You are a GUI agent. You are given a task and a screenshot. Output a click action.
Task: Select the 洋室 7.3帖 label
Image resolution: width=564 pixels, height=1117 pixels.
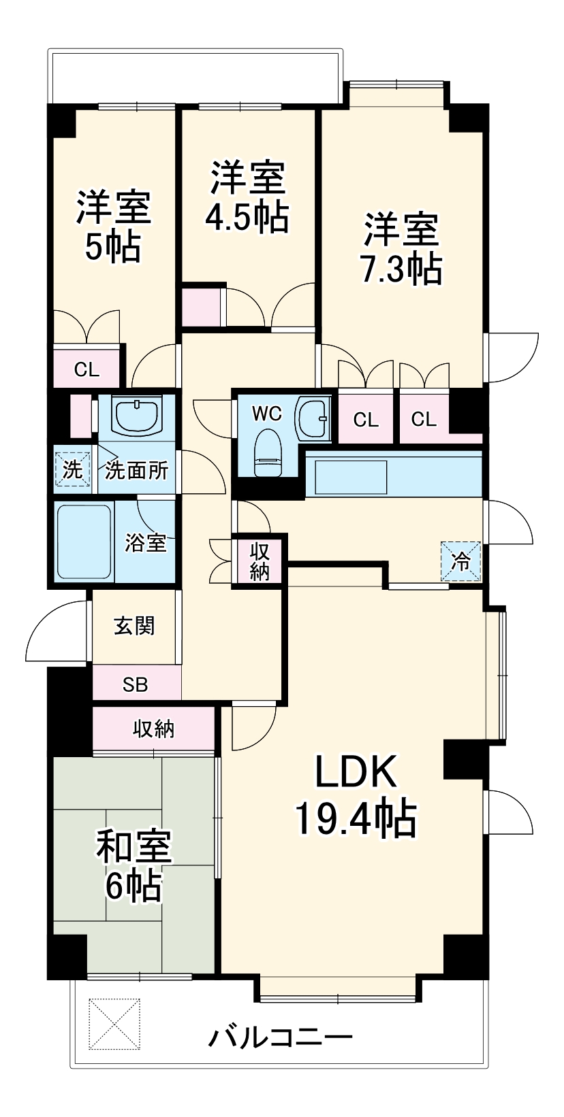point(401,248)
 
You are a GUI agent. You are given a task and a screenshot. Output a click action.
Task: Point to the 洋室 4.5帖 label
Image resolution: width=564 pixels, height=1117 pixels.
point(247,197)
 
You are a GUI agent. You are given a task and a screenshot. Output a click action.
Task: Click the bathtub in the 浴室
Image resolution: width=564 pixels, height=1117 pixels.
point(84,541)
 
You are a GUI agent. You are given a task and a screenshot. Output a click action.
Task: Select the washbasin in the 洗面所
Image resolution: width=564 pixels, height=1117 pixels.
point(137,414)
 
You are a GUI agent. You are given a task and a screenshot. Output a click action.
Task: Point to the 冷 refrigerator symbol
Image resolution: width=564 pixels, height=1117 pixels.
point(461,562)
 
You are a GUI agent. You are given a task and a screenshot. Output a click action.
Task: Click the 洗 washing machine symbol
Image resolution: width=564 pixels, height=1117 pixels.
point(72,469)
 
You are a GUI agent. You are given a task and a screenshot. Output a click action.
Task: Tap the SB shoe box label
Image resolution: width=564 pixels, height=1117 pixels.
point(136,684)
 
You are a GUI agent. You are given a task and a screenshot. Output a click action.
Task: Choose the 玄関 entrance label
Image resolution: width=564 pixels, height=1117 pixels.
point(134,626)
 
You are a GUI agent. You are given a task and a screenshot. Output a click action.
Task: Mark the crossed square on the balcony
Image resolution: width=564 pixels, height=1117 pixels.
point(114,1024)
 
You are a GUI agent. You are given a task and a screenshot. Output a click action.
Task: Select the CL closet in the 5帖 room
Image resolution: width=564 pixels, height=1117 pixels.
point(87,370)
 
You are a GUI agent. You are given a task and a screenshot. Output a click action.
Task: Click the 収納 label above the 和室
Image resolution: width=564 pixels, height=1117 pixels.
point(154,729)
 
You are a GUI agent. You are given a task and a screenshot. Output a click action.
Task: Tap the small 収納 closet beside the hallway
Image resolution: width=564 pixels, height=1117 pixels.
point(260,561)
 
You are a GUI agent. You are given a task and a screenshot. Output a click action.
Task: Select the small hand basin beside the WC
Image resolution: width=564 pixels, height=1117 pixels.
point(313,416)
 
